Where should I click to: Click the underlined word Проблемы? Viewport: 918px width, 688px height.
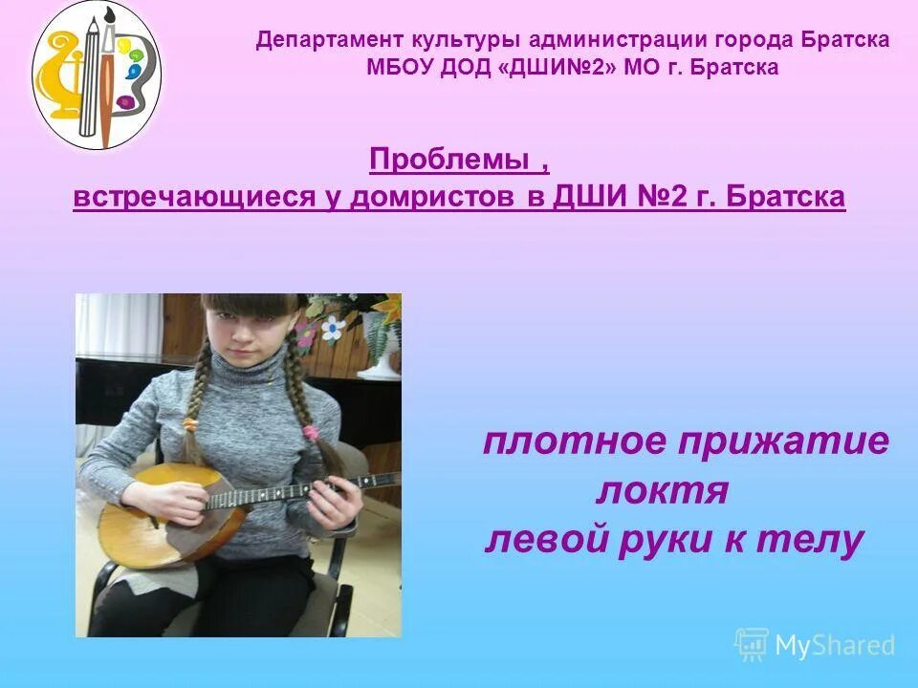tap(451, 161)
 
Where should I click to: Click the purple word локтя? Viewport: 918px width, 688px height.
tap(663, 491)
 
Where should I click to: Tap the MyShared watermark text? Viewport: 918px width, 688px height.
tap(834, 645)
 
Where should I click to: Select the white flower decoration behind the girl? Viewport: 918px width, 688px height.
tap(332, 330)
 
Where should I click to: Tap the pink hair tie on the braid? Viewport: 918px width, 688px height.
tap(311, 432)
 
